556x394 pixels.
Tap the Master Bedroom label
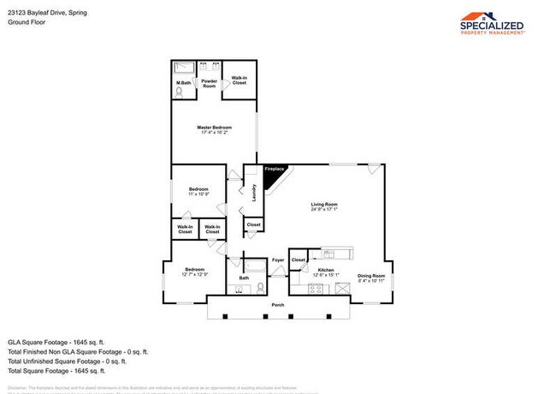215,129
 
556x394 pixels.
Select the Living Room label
324,206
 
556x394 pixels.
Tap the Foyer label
278,260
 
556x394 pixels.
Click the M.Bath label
183,83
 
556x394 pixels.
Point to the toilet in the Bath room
259,289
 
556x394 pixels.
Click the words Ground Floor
27,22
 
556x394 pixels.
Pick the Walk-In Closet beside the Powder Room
240,81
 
